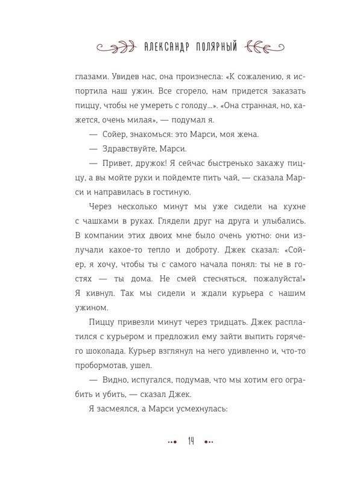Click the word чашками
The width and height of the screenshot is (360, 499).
[107, 221]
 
